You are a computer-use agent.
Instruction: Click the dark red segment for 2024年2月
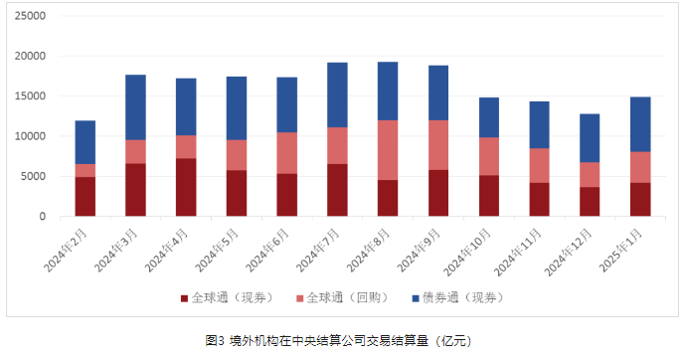(x=86, y=196)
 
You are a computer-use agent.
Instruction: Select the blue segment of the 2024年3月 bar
(x=136, y=107)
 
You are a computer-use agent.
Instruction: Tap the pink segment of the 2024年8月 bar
(x=388, y=150)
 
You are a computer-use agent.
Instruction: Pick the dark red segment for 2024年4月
(x=186, y=187)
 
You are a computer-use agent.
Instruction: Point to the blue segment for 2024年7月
(x=337, y=94)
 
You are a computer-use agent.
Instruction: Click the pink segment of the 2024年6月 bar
(x=287, y=153)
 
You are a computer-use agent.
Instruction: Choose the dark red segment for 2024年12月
(x=590, y=201)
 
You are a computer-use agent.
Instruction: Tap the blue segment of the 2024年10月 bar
(x=488, y=117)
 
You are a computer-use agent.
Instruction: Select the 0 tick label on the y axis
(x=43, y=217)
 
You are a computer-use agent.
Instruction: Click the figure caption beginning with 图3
(x=343, y=340)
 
